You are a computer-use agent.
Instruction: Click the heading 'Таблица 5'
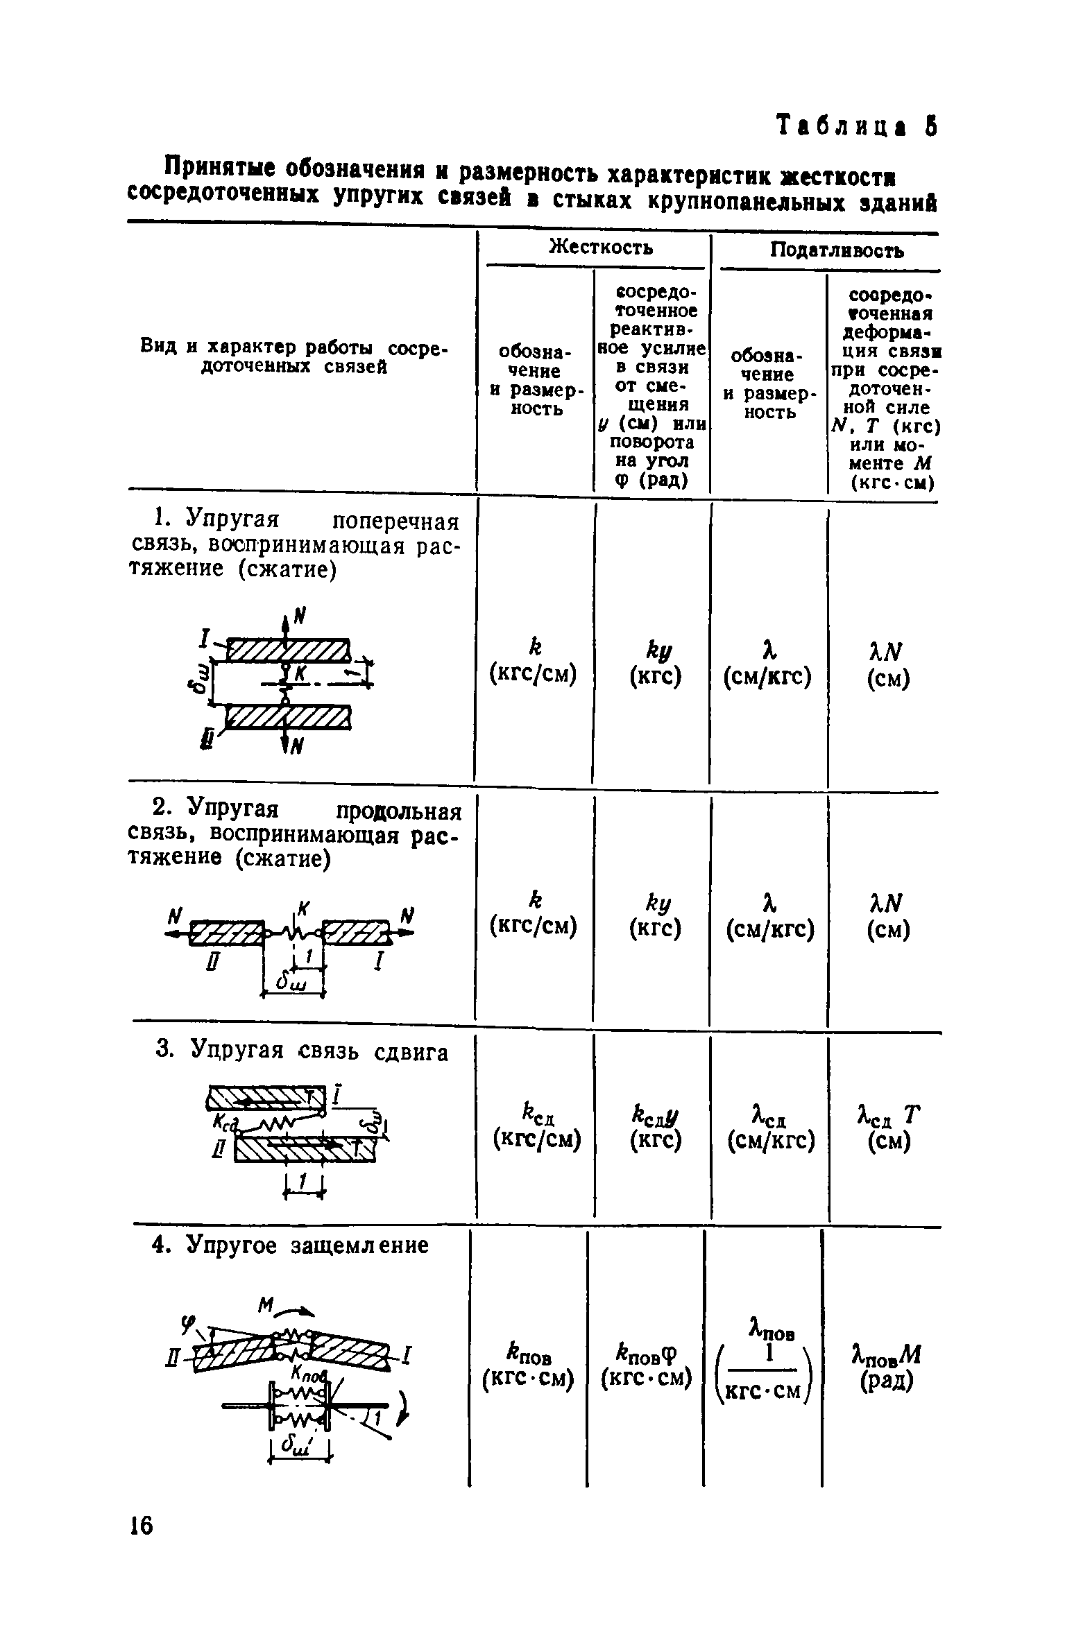coord(856,127)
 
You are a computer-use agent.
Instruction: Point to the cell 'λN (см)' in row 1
coord(888,664)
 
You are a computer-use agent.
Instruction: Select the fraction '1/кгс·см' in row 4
coord(763,1370)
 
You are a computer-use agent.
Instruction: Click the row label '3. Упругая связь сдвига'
coord(300,1052)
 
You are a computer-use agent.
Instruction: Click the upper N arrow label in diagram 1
coord(300,615)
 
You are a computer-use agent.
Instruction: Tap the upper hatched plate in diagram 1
coord(288,650)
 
